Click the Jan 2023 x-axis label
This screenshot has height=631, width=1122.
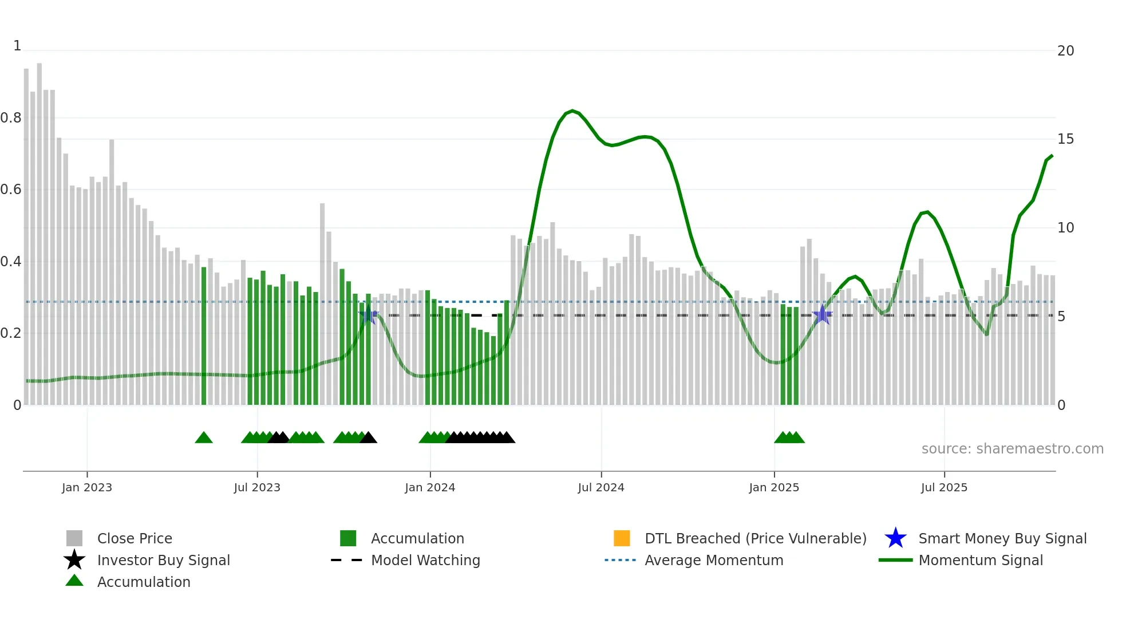click(87, 487)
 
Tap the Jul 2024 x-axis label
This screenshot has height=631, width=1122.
click(600, 487)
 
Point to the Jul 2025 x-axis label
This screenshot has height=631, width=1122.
click(944, 487)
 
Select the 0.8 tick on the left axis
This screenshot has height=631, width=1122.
click(11, 118)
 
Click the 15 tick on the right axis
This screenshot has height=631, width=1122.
click(1065, 139)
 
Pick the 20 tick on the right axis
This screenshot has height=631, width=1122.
click(1065, 51)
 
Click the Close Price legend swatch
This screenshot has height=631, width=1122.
click(74, 538)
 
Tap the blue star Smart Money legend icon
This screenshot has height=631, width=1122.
click(895, 538)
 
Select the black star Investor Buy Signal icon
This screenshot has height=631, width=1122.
click(74, 560)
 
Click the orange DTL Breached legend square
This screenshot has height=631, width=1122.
click(622, 538)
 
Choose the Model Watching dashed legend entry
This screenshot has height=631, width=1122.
click(347, 560)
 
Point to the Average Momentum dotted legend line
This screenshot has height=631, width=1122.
click(621, 560)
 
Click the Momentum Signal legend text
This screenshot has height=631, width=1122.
click(981, 560)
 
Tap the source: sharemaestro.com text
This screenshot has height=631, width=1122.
click(1012, 449)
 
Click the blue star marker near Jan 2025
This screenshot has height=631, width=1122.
click(822, 315)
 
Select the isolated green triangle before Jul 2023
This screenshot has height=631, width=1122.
click(204, 438)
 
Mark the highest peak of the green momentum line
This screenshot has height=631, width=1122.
click(572, 111)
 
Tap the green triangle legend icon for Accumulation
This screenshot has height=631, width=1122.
click(74, 581)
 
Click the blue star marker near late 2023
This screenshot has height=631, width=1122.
click(369, 315)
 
